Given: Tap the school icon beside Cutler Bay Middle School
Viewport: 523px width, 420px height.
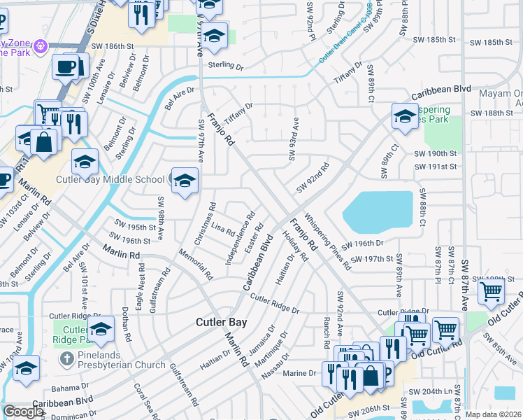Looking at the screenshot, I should [x=185, y=181].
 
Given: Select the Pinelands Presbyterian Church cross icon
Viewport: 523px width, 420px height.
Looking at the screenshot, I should [x=66, y=359].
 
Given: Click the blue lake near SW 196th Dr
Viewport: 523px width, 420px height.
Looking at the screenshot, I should [x=378, y=211].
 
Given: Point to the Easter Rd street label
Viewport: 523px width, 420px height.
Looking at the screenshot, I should [x=255, y=238].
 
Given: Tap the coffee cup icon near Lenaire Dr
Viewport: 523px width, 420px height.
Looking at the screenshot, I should [x=66, y=67].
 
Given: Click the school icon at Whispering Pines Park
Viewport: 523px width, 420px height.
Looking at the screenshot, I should [x=405, y=117].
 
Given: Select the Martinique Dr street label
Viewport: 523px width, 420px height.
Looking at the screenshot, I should [x=278, y=348].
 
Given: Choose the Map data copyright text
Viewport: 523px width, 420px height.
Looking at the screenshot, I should [x=493, y=414].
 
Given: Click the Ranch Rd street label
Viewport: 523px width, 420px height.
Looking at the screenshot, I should [x=326, y=332].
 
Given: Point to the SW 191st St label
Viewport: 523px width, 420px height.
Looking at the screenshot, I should [x=434, y=167].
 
